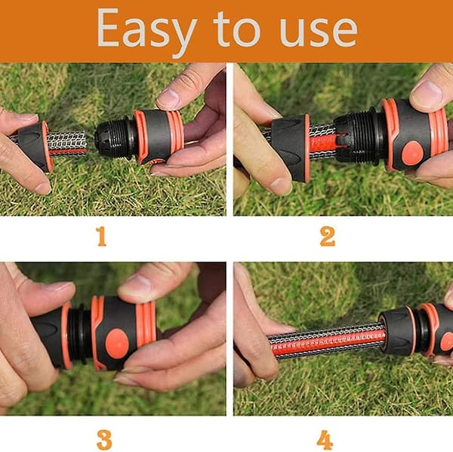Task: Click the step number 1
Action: click(x=101, y=237)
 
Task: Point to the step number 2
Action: click(x=328, y=237)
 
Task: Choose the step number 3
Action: click(x=104, y=440)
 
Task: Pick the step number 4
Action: click(x=325, y=440)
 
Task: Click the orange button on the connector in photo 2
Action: click(x=413, y=153)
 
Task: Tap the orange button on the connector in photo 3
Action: click(x=117, y=344)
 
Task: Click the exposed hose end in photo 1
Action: click(x=67, y=144)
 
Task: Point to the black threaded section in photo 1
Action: click(x=115, y=137)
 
